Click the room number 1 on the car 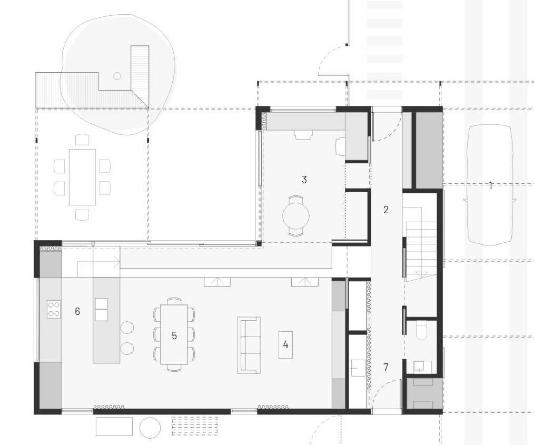[x=490, y=185]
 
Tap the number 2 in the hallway [x=386, y=210]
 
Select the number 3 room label [x=304, y=180]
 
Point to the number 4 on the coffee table [x=285, y=344]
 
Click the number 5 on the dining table [x=174, y=335]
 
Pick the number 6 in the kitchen [x=77, y=311]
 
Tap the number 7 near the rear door [x=386, y=367]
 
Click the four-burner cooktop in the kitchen [x=54, y=310]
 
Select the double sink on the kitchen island [x=102, y=310]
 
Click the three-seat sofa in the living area [x=249, y=344]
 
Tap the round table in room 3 [x=296, y=215]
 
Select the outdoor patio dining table [x=82, y=177]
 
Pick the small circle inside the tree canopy [x=117, y=76]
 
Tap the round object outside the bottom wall [x=150, y=427]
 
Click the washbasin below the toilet [x=422, y=367]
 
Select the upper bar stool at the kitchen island [x=127, y=327]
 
